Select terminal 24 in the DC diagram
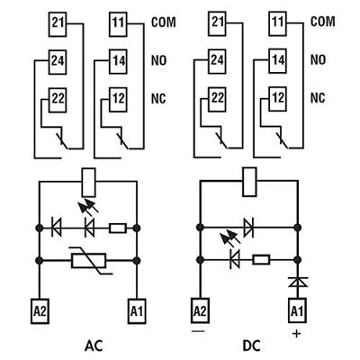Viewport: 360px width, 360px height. (x=216, y=61)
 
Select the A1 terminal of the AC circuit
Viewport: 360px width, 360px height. (x=136, y=309)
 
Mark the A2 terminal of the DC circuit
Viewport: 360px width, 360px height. (x=199, y=309)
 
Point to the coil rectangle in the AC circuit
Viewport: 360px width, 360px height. (x=87, y=180)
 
